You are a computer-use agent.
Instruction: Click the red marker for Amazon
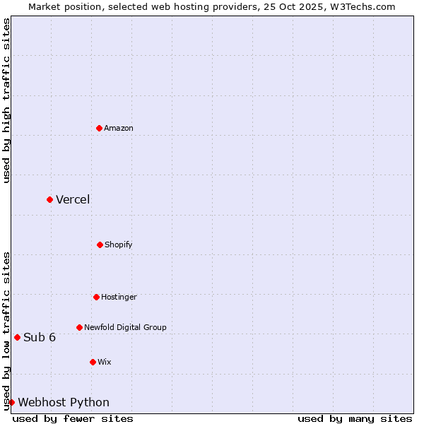point(100,128)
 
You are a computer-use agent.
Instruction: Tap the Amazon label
point(119,129)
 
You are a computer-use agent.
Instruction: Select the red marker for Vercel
point(49,199)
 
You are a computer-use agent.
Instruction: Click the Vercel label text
point(73,200)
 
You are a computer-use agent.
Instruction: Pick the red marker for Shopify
point(100,245)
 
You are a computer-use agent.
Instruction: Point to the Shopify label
point(119,245)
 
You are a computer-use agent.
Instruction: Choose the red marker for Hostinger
point(96,297)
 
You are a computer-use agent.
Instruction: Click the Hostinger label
point(119,298)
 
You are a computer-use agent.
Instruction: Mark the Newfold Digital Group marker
point(79,327)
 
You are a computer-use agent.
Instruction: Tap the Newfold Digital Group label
point(125,328)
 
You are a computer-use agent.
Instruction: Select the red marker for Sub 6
point(17,337)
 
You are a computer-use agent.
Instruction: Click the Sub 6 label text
point(40,338)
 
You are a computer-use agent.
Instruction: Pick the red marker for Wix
point(93,362)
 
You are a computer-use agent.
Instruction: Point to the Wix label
point(105,363)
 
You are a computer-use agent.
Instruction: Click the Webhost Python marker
point(11,402)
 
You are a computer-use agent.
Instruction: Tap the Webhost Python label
point(64,403)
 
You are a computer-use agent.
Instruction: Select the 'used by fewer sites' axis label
point(73,419)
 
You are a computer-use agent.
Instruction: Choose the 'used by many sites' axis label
point(355,419)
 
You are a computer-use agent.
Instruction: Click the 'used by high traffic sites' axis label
point(7,100)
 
